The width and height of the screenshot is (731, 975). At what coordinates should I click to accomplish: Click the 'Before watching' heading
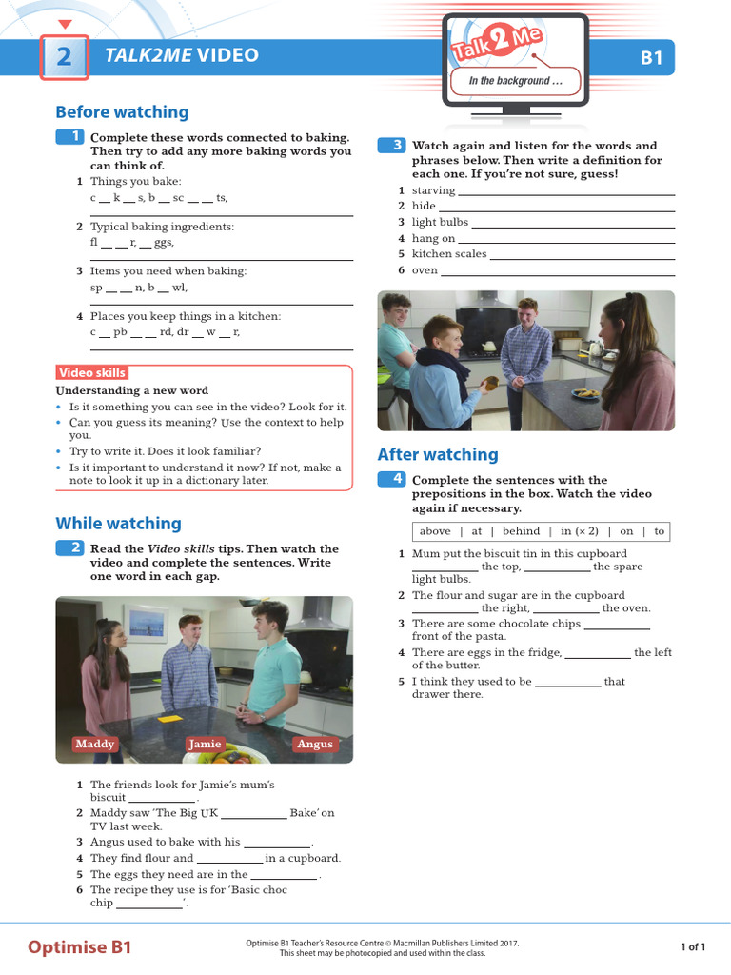pyautogui.click(x=122, y=112)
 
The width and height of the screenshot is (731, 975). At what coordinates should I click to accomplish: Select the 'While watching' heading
pyautogui.click(x=118, y=524)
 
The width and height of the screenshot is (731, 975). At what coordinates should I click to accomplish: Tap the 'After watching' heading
pyautogui.click(x=438, y=455)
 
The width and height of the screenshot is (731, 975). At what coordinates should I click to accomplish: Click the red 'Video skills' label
pyautogui.click(x=91, y=373)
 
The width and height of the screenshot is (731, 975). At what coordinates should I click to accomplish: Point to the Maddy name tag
pyautogui.click(x=95, y=745)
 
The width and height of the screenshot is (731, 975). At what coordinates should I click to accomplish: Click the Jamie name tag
pyautogui.click(x=205, y=745)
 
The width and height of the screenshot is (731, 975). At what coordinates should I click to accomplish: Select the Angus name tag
pyautogui.click(x=315, y=745)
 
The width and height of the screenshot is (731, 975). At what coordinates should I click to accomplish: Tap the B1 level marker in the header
pyautogui.click(x=651, y=58)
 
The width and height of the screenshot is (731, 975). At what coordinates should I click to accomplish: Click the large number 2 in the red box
pyautogui.click(x=64, y=57)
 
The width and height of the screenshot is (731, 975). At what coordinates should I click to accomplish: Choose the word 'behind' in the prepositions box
pyautogui.click(x=521, y=531)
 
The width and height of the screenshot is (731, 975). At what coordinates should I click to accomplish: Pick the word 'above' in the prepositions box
pyautogui.click(x=435, y=531)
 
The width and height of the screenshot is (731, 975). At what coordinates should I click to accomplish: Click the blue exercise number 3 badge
pyautogui.click(x=392, y=145)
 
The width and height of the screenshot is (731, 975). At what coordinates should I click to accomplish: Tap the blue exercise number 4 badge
pyautogui.click(x=392, y=479)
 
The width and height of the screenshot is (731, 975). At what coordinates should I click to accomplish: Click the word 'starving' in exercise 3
pyautogui.click(x=433, y=191)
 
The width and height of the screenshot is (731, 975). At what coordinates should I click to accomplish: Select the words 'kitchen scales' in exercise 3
pyautogui.click(x=448, y=254)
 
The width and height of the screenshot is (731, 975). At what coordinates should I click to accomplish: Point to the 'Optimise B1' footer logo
pyautogui.click(x=80, y=947)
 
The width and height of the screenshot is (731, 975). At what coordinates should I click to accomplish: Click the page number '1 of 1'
pyautogui.click(x=692, y=947)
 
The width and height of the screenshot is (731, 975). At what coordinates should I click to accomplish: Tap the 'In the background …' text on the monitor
pyautogui.click(x=515, y=81)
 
